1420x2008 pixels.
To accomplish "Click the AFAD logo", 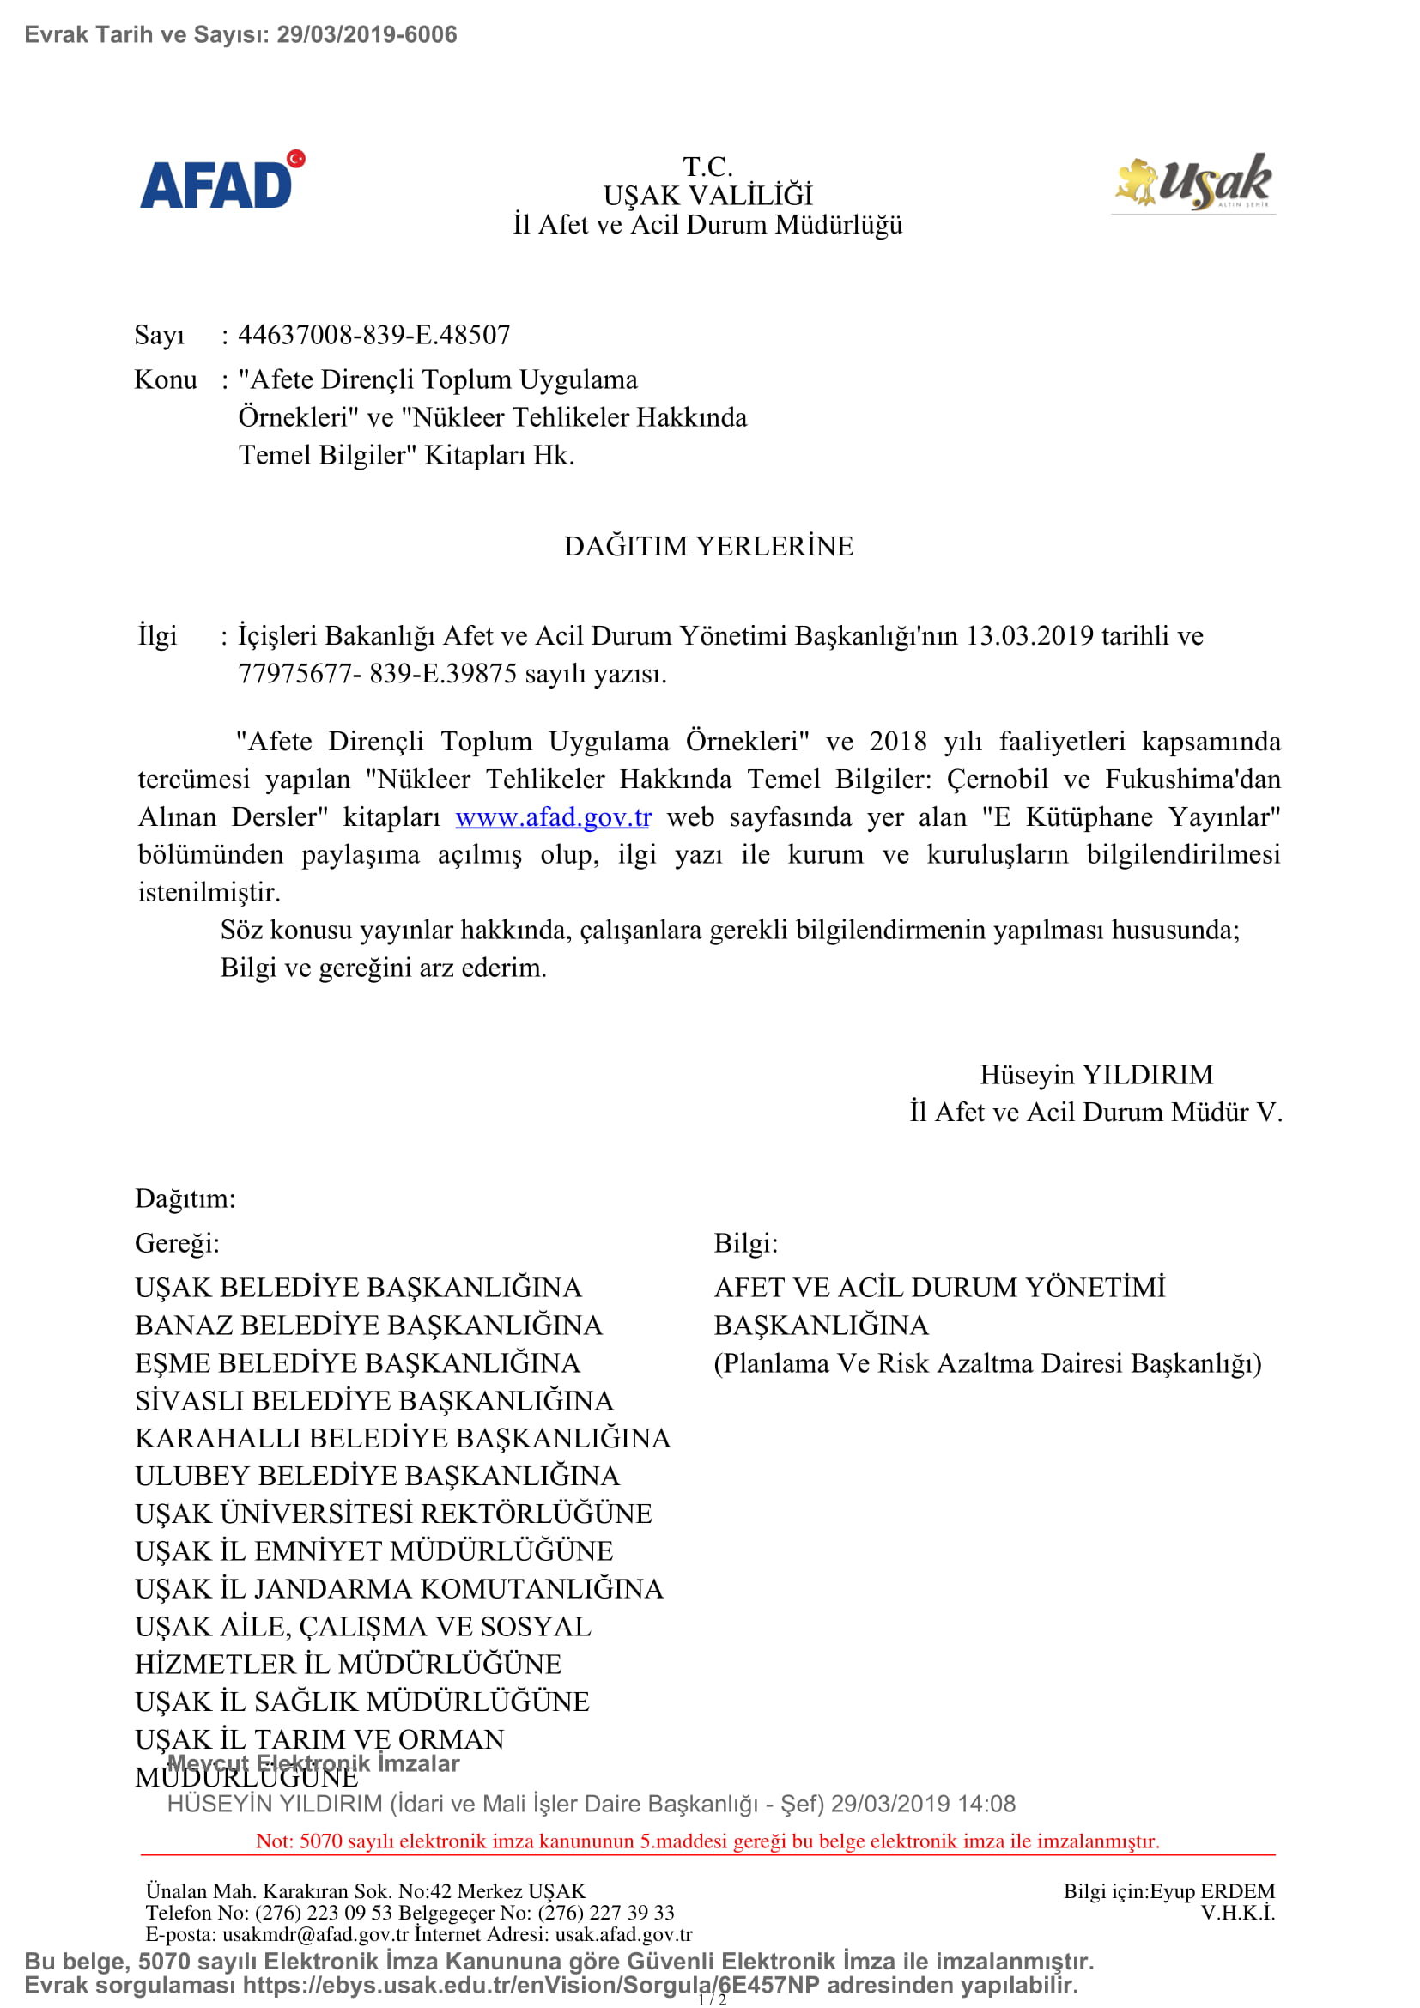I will point(222,180).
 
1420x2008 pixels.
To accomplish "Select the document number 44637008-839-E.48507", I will point(373,335).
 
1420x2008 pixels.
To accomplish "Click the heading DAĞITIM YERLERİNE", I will point(708,546).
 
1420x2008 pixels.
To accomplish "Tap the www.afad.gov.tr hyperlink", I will point(553,816).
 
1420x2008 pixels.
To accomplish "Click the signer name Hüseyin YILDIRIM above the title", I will point(1096,1074).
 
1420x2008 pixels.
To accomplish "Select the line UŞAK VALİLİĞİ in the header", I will point(708,195).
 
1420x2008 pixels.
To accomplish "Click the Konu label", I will point(165,379).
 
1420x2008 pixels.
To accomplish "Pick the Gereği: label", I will point(178,1243).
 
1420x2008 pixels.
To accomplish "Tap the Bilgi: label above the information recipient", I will point(746,1243).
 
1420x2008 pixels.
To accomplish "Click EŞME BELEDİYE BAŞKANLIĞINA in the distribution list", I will point(358,1362).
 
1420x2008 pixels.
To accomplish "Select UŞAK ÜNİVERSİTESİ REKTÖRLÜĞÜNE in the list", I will point(393,1513).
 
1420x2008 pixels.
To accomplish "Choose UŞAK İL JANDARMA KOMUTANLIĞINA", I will point(399,1588).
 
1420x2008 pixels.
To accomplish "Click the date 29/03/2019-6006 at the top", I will point(367,35).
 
